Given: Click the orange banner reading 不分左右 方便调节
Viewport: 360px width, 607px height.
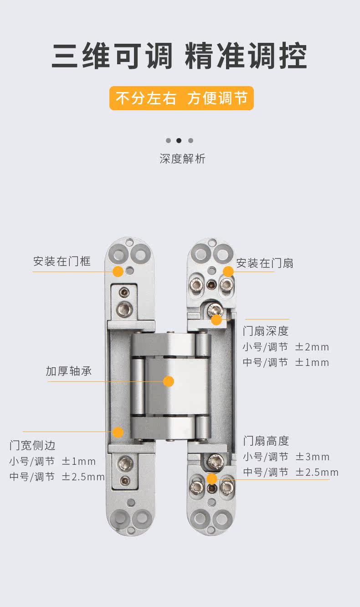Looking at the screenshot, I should (181, 98).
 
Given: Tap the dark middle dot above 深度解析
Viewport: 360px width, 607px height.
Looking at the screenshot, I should (179, 140).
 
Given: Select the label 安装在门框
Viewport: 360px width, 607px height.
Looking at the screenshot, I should (62, 262).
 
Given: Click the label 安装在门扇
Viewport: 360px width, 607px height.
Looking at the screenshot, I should (264, 263).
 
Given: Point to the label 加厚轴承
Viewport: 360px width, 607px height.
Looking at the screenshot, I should (68, 371).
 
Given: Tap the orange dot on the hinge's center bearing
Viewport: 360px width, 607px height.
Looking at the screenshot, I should (169, 381).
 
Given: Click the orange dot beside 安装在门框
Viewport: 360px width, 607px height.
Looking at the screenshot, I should (118, 272).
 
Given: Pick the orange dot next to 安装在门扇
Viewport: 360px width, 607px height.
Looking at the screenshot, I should (228, 272).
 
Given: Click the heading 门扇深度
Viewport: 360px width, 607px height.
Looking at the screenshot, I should (266, 331).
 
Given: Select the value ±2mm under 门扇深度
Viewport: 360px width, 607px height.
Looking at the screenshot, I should (312, 347).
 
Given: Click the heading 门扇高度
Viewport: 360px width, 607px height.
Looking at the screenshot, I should (266, 441).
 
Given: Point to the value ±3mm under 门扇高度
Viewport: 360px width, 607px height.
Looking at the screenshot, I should (313, 457).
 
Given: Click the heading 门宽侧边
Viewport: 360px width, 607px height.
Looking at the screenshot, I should (32, 445).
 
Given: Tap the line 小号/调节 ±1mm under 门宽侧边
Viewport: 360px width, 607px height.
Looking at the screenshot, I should (52, 461).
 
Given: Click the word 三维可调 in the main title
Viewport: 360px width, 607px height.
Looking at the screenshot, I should (112, 57).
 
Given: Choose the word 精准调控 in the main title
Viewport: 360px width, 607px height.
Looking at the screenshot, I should (246, 57).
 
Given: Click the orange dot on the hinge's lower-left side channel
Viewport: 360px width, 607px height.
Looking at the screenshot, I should (118, 432).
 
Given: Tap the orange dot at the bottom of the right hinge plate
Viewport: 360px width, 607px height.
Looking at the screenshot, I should (212, 478).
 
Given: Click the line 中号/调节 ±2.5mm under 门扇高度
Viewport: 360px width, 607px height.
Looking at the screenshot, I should (291, 473).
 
